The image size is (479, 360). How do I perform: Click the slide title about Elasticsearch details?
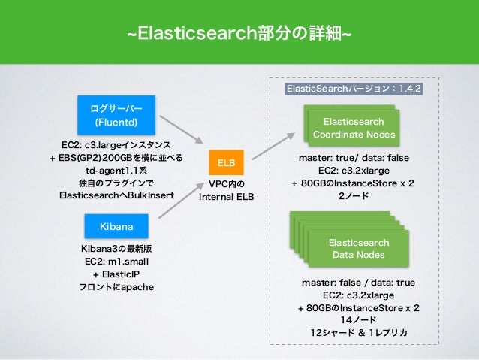[239, 34]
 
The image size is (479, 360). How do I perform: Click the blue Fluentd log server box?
[115, 114]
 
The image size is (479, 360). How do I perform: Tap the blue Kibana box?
[115, 225]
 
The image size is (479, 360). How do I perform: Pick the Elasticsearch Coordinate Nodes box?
[353, 128]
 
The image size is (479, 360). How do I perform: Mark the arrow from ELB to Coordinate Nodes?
[273, 144]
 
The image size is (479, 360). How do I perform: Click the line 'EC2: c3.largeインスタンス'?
[116, 144]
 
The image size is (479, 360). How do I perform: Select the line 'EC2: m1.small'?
[116, 261]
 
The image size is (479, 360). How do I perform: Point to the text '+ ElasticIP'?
[116, 274]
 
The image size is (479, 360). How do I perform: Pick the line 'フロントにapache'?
[116, 286]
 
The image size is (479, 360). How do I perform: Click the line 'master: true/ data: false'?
[352, 158]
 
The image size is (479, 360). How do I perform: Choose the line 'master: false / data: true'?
[357, 282]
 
